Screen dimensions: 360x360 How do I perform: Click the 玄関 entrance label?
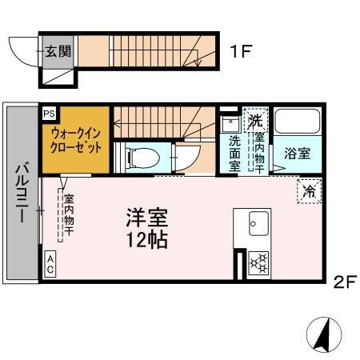pos(57,52)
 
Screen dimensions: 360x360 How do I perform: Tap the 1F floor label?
pos(242,52)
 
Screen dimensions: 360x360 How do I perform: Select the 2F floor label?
pos(345,281)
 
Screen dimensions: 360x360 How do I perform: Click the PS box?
pos(50,114)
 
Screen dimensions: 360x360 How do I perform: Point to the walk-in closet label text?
pos(74,141)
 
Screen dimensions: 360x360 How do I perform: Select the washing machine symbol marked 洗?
pos(255,121)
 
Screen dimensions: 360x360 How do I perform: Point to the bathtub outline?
pos(297,123)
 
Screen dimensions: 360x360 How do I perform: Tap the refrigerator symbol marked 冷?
pos(308,190)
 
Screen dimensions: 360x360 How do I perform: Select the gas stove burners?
pos(258,262)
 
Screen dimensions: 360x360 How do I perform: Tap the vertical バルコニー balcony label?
pos(22,192)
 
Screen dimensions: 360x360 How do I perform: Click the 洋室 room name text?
pos(146,217)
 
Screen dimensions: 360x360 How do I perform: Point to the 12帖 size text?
pos(146,239)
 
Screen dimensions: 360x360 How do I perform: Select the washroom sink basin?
pos(229,125)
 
